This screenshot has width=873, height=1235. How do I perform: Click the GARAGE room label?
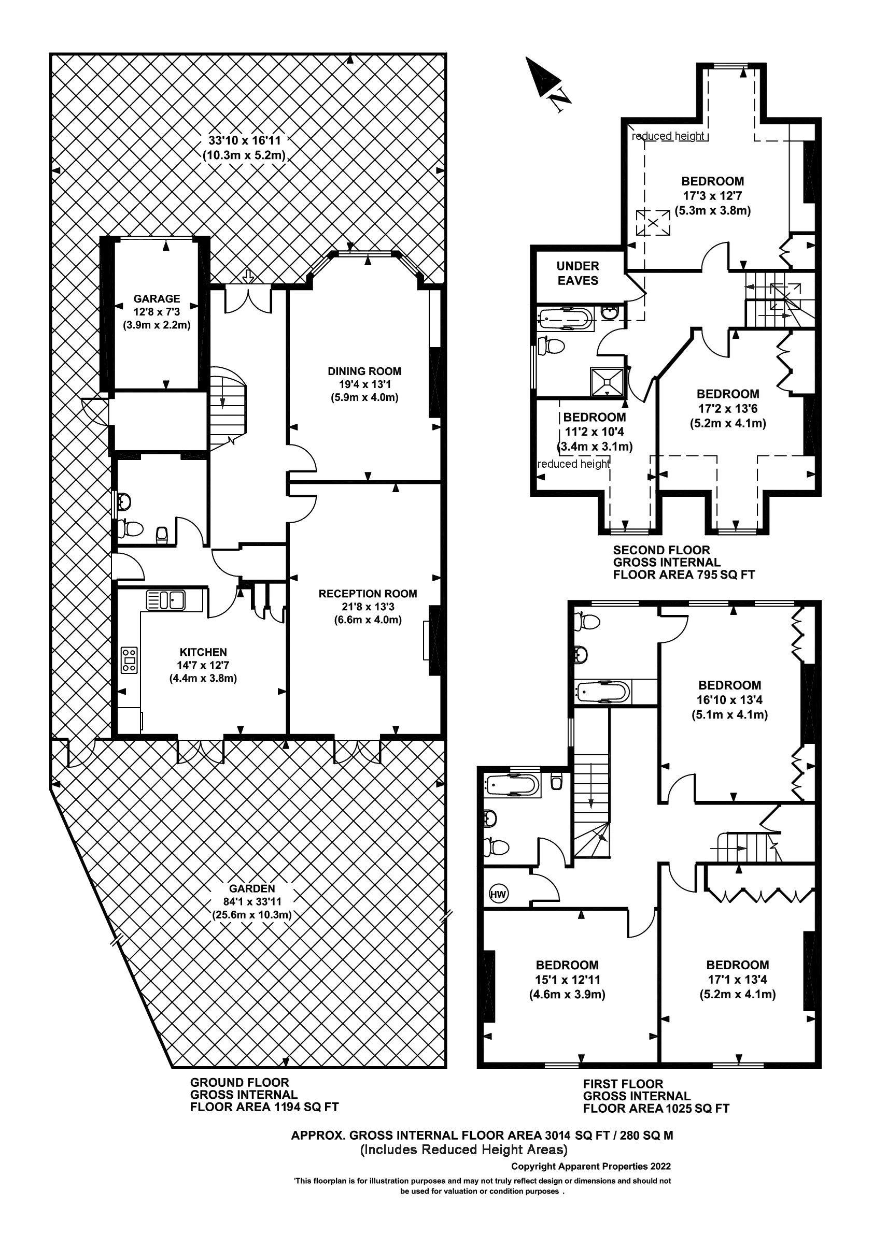pos(157,298)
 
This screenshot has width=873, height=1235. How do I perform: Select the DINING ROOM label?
pos(364,371)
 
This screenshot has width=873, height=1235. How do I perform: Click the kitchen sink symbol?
pos(166,600)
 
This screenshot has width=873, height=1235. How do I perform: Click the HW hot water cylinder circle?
pos(498,894)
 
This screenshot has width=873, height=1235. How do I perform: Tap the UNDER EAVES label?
pos(578,273)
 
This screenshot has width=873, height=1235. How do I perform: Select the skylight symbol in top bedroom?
pos(653,222)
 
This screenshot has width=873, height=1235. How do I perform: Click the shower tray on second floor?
pos(607,381)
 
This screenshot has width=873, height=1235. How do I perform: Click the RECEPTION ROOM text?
pos(368,594)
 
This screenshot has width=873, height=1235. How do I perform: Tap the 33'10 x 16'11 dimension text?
pos(245,141)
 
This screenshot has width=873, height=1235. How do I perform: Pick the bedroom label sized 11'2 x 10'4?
pos(594,418)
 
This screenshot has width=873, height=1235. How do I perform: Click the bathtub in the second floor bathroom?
pos(565,319)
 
